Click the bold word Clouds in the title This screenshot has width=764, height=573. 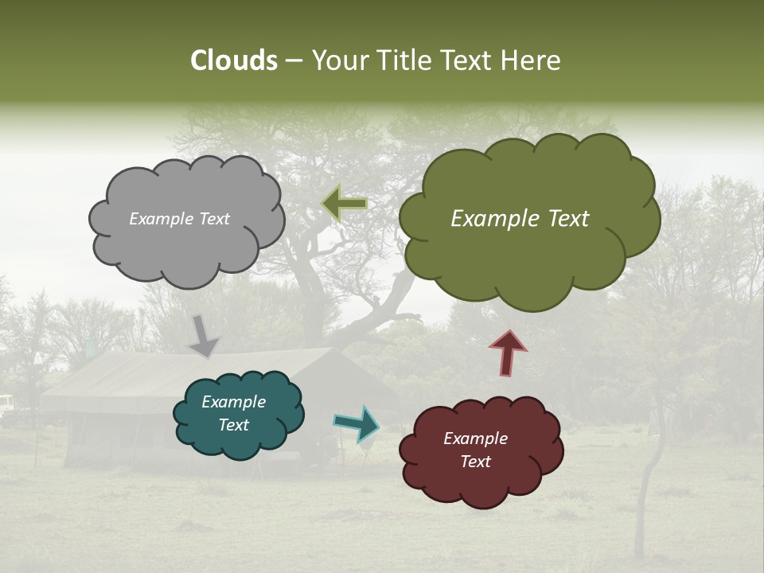pyautogui.click(x=233, y=60)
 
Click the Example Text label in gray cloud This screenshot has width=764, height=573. pyautogui.click(x=179, y=219)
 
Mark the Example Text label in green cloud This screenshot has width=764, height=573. pyautogui.click(x=520, y=219)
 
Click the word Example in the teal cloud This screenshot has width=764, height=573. pyautogui.click(x=233, y=403)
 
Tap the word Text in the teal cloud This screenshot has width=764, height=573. pyautogui.click(x=233, y=425)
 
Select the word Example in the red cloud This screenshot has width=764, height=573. pyautogui.click(x=475, y=439)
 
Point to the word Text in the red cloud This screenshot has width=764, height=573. pyautogui.click(x=475, y=462)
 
